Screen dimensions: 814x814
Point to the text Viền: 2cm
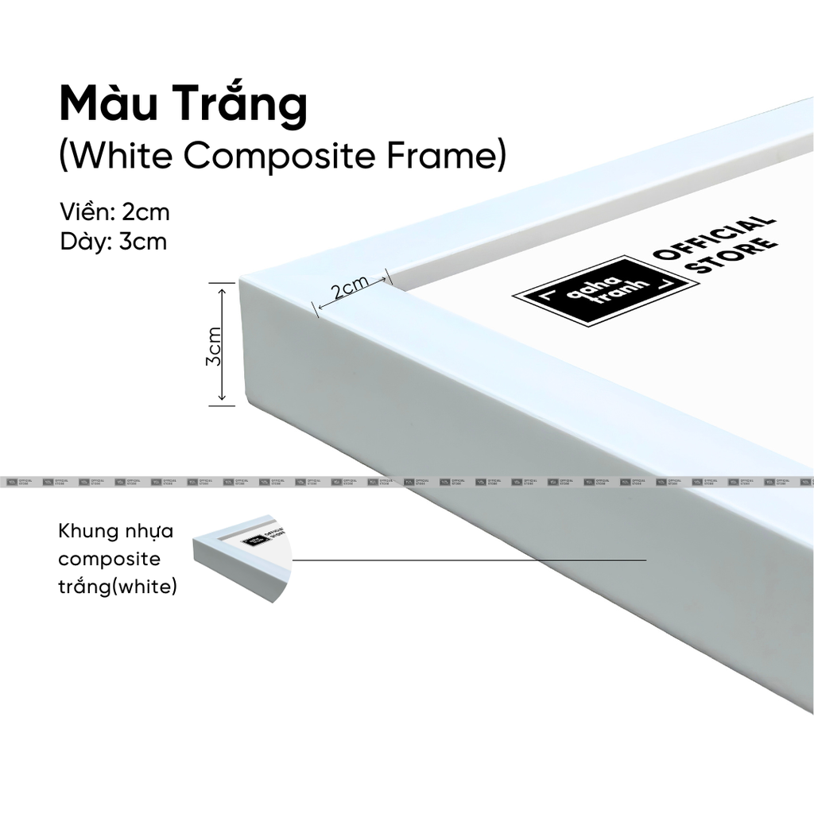pos(114,212)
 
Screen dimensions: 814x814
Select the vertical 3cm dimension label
pos(213,345)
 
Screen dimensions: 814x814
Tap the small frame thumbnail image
pos(242,560)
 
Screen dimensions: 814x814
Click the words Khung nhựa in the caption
pos(115,530)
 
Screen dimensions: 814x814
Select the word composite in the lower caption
pos(109,559)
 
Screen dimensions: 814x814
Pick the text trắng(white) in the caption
pos(118,587)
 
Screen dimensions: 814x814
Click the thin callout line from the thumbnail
pos(469,560)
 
